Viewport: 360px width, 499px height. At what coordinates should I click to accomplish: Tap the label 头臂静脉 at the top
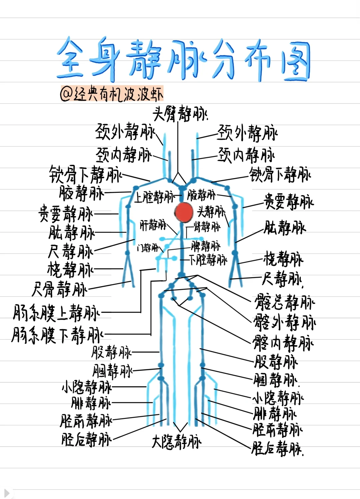tap(180, 114)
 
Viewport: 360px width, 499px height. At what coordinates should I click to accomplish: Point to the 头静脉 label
tap(211, 211)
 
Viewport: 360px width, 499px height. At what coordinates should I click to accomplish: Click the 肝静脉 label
tap(153, 225)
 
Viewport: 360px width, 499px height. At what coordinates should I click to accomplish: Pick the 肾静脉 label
tap(207, 227)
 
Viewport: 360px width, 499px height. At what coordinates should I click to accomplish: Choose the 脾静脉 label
tap(206, 246)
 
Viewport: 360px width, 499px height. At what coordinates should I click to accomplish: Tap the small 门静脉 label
tap(148, 248)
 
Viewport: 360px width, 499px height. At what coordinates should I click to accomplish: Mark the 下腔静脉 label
tap(208, 260)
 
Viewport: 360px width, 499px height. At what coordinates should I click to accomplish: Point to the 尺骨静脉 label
tap(59, 289)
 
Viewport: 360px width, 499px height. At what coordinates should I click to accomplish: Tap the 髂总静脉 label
tap(284, 302)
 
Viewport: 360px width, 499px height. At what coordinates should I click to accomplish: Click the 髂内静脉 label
tap(283, 343)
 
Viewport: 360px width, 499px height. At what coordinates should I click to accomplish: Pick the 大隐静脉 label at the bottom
tap(176, 442)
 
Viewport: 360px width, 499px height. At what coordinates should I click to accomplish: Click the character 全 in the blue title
tap(70, 58)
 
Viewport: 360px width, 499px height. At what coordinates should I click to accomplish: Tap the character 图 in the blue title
tap(295, 62)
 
